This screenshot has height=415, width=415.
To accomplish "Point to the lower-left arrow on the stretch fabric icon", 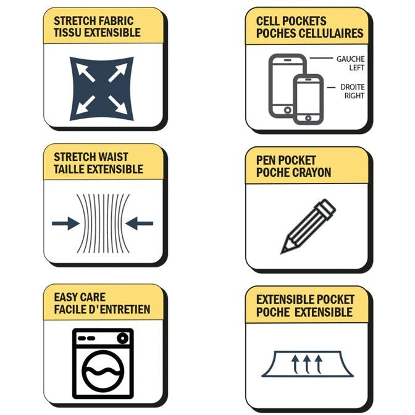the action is tap(85, 105).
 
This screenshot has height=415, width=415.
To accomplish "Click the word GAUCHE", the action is tap(350, 59).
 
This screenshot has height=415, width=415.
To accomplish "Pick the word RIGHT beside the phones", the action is tap(354, 96).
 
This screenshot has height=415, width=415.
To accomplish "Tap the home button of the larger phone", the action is tap(287, 110).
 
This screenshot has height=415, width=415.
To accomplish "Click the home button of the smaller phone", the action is tap(308, 118).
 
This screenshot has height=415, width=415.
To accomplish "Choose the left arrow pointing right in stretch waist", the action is tap(65, 224).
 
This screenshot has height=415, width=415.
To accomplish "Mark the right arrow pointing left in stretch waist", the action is tap(139, 224).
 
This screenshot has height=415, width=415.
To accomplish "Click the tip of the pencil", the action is tap(282, 253).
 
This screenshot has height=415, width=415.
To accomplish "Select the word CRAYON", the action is tap(312, 172).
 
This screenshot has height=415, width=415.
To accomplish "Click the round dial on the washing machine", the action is tap(122, 338).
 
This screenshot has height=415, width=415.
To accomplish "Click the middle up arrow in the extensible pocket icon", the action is tap(307, 364).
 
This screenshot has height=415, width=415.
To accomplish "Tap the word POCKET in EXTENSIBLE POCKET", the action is tap(336, 300).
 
